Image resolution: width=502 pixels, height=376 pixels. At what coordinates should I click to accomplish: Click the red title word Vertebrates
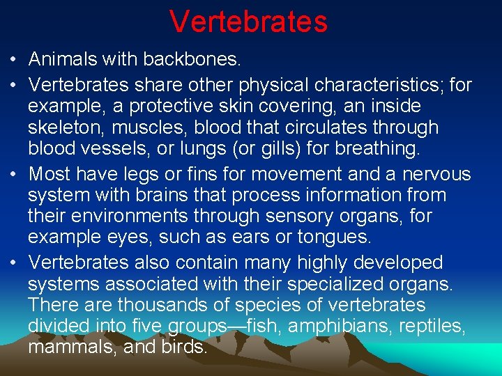[248, 22]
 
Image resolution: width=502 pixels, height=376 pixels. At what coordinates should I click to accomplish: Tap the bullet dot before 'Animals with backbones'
[15, 61]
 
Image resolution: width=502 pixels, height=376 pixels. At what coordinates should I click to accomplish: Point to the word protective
[182, 107]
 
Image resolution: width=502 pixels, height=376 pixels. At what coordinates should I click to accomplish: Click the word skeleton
[61, 128]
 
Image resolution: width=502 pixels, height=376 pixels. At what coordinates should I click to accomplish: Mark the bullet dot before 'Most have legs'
[15, 174]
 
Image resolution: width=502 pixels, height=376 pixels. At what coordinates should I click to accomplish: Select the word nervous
[433, 174]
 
